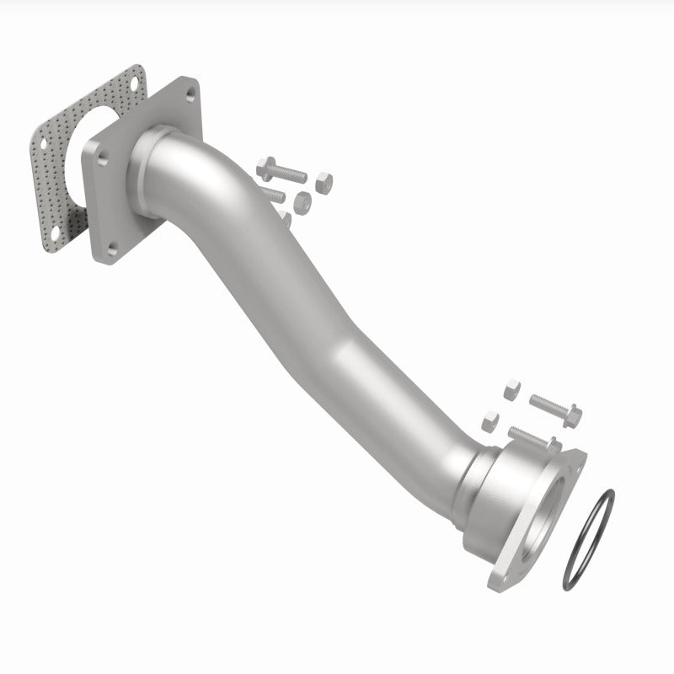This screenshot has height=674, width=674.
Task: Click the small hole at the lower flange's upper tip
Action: coord(576,461)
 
